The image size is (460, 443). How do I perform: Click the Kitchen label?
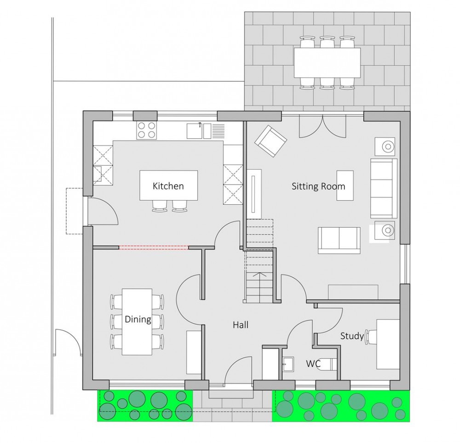pos(168,186)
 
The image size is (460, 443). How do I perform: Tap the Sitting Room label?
pos(318,187)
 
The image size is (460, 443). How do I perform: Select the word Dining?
pos(138,320)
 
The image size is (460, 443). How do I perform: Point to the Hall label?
pos(241,325)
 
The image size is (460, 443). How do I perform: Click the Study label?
pos(352,336)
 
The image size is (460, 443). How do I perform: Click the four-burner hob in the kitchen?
pos(146,130)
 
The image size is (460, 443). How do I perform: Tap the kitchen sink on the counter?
pos(199,131)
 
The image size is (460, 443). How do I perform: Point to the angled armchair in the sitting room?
pos(271,141)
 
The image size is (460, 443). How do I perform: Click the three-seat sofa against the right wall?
pos(383,188)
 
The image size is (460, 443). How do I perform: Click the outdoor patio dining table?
pos(327,63)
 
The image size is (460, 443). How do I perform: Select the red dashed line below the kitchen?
pos(153,248)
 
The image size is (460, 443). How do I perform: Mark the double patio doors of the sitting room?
pos(322,126)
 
